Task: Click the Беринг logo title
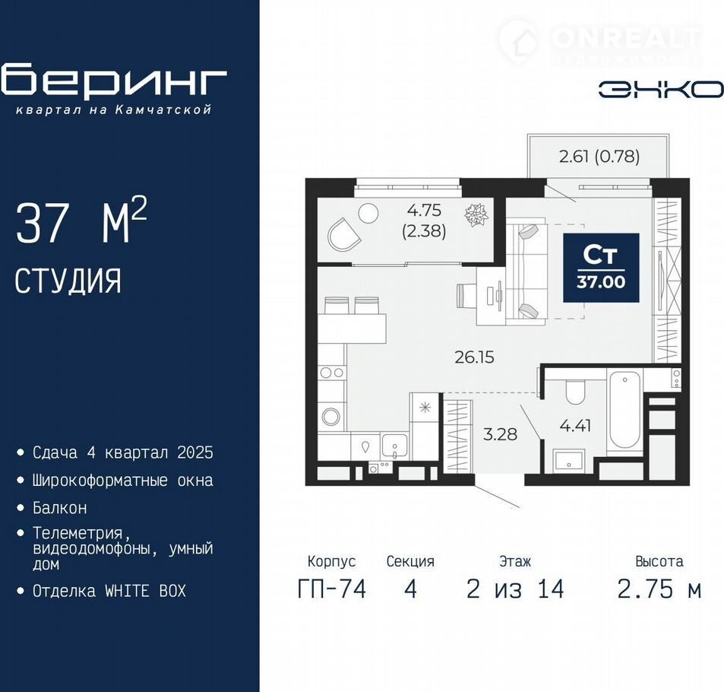tap(114, 81)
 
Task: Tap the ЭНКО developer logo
tap(661, 89)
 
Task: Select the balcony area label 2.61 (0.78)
tap(599, 157)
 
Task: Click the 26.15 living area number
tap(474, 357)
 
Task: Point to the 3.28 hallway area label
tap(500, 434)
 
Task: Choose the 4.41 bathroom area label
tap(575, 425)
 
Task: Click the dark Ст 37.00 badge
tap(601, 268)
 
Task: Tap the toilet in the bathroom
tap(575, 392)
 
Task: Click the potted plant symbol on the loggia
tap(476, 215)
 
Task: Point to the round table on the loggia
tap(368, 214)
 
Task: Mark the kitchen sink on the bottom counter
tap(394, 445)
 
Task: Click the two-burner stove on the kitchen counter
tap(332, 372)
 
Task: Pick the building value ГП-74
tap(332, 589)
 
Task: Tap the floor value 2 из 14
tap(515, 589)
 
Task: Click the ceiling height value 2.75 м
tap(659, 589)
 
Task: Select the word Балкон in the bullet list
tap(59, 508)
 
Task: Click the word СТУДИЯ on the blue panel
tap(68, 281)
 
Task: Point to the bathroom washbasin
tap(569, 460)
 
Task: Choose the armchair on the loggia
tap(343, 234)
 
